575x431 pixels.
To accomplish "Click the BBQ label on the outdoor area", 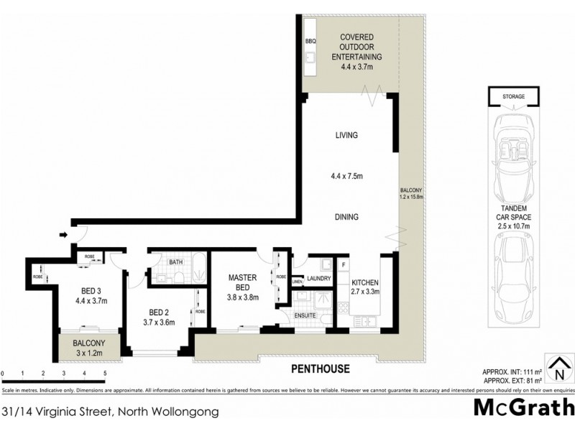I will [x=310, y=42].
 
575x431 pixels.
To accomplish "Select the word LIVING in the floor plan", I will [x=346, y=135].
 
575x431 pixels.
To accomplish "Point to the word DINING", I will [x=346, y=217].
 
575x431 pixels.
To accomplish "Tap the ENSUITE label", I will [x=305, y=315].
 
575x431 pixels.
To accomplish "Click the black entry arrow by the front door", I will [x=63, y=234].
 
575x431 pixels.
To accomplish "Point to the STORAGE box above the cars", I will [x=513, y=96].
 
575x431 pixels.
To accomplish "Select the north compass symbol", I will [x=557, y=371].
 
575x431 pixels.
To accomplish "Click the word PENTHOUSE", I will [x=320, y=369].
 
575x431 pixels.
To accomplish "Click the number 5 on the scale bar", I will [x=105, y=374].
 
